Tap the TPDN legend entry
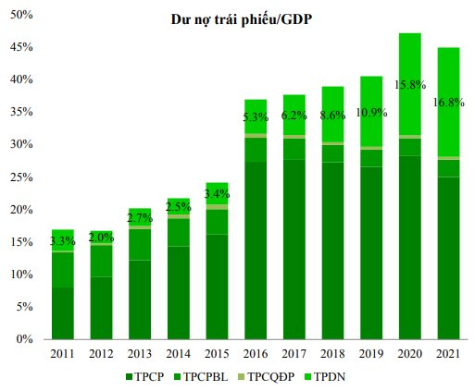click(330, 377)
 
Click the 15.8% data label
click(409, 85)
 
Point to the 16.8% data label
click(448, 103)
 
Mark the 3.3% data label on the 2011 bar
click(62, 241)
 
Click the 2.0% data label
click(101, 237)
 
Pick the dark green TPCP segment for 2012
click(101, 308)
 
